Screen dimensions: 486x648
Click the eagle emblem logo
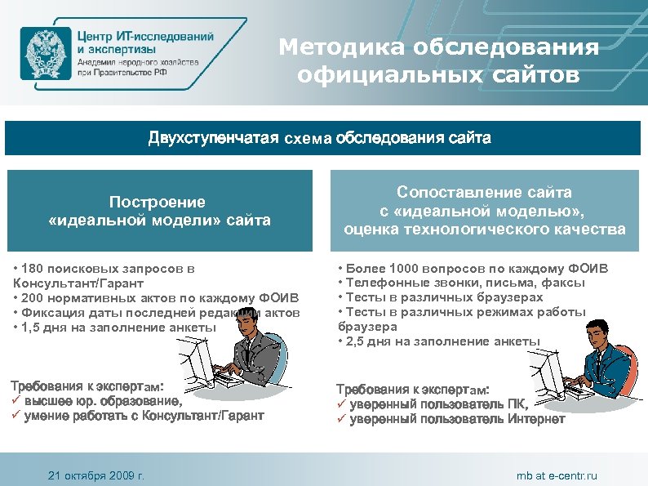(x=45, y=52)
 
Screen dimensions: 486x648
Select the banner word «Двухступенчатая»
(x=213, y=138)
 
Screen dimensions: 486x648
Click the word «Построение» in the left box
(x=158, y=202)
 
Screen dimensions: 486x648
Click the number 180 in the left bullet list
(x=35, y=268)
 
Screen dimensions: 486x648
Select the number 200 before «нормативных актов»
(x=35, y=297)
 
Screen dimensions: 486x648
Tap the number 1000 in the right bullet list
(x=406, y=268)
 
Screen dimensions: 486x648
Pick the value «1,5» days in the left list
(x=33, y=327)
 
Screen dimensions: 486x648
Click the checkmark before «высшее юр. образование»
(x=15, y=401)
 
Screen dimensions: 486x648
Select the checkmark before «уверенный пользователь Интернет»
(x=342, y=419)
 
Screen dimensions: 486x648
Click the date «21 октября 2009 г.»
(x=95, y=475)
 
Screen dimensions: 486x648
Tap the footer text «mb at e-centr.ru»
(x=557, y=475)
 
